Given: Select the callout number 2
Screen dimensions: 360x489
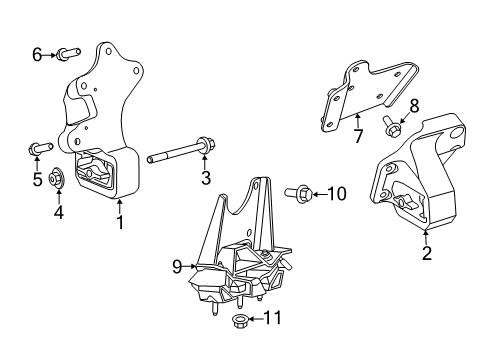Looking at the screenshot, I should click(427, 254).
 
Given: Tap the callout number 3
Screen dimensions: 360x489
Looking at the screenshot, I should click(205, 179).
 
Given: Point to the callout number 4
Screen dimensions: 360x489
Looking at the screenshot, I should click(58, 212).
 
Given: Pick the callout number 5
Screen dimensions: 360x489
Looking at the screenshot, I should click(37, 180).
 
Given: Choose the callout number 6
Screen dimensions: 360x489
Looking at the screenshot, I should click(37, 55).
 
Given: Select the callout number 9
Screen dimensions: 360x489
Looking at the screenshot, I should click(177, 266).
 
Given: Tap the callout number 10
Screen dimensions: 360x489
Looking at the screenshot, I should click(337, 193).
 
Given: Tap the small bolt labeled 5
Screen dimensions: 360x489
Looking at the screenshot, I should click(37, 151).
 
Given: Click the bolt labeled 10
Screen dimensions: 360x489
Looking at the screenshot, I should click(301, 191).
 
